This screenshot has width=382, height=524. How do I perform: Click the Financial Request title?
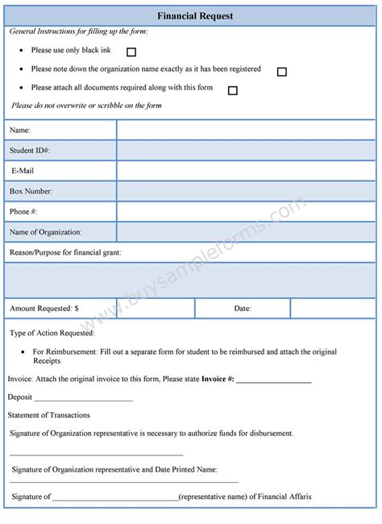(190, 15)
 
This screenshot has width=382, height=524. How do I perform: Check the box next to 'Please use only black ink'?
(131, 52)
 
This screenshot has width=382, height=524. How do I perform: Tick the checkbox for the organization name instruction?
(281, 72)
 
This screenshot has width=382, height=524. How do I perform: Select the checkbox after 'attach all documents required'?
(232, 90)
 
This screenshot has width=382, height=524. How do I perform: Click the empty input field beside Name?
(246, 130)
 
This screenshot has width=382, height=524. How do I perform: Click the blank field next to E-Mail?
(246, 171)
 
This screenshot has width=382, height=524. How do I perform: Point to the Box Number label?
(31, 192)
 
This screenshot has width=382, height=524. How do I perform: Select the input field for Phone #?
(246, 212)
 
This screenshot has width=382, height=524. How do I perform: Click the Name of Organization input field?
(246, 232)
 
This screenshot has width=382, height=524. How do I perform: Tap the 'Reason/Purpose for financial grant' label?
(65, 254)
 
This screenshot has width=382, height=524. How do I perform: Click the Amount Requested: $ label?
(44, 308)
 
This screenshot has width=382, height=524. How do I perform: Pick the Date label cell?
(243, 308)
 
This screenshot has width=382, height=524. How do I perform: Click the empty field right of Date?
(332, 308)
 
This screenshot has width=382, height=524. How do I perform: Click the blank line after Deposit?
(84, 398)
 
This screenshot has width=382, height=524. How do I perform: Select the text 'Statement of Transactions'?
(49, 415)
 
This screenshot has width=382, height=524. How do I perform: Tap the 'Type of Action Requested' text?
(52, 333)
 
